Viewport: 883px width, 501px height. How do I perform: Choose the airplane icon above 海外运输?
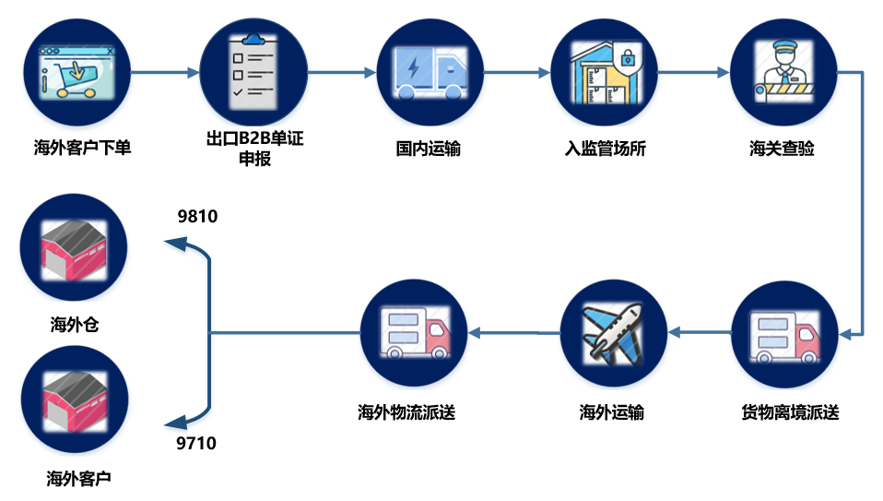pyautogui.click(x=612, y=333)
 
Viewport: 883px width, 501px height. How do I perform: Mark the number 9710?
pyautogui.click(x=196, y=444)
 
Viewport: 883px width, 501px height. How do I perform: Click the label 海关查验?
pyautogui.click(x=782, y=149)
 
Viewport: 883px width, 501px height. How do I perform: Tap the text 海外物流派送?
pyautogui.click(x=406, y=412)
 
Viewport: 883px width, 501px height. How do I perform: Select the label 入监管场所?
pyautogui.click(x=605, y=149)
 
